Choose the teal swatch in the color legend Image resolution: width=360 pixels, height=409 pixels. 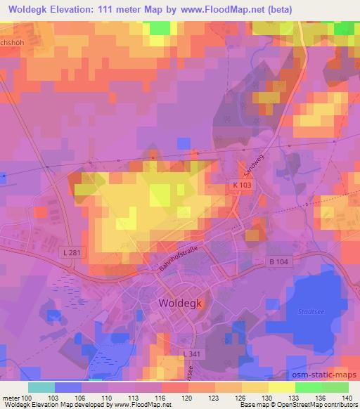click(x=41, y=387)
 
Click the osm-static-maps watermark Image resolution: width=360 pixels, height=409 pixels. click(x=329, y=375)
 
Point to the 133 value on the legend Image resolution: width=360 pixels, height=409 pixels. click(x=283, y=397)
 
